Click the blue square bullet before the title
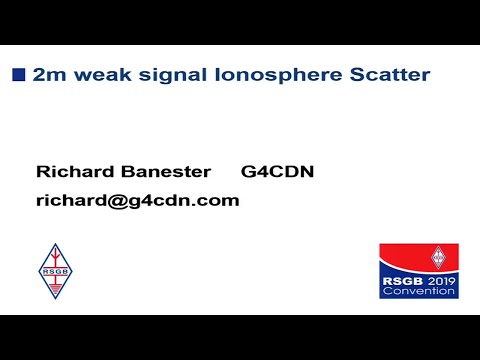click(18, 73)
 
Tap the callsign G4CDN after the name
click(278, 172)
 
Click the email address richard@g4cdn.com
click(137, 200)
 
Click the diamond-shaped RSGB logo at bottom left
click(54, 271)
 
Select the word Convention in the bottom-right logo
click(419, 294)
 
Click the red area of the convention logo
click(405, 258)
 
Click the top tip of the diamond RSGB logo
click(54, 244)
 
